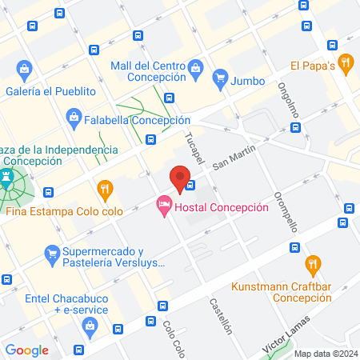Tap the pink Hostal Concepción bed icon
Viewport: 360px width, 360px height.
(x=163, y=206)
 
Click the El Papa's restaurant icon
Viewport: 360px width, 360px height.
(x=346, y=62)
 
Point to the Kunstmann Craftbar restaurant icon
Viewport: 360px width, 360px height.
(x=314, y=263)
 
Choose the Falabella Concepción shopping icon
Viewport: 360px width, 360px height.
(x=74, y=120)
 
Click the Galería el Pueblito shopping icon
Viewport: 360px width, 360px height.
(x=25, y=69)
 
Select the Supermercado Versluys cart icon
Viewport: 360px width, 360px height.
(x=52, y=256)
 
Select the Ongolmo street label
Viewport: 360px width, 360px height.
(x=288, y=102)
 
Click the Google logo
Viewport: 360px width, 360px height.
(x=26, y=350)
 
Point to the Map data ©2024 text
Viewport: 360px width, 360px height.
(x=325, y=353)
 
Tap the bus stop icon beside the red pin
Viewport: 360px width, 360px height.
(x=191, y=187)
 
